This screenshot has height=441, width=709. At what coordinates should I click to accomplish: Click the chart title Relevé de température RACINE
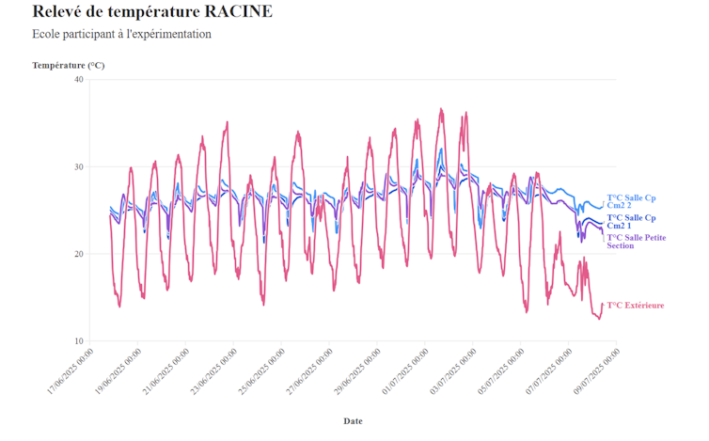click(152, 12)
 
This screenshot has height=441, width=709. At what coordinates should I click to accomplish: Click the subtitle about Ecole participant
click(121, 35)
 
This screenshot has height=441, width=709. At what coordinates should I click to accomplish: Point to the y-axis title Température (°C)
click(68, 66)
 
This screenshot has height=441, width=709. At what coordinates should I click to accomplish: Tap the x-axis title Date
click(353, 421)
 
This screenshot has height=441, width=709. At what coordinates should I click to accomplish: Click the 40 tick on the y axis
click(79, 80)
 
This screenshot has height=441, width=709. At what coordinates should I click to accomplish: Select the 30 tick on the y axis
click(79, 167)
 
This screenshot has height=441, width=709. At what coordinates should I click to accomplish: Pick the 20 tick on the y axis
click(79, 254)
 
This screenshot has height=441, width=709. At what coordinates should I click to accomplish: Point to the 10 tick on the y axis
click(79, 341)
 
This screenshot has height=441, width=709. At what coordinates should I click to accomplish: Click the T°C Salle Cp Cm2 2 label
click(631, 201)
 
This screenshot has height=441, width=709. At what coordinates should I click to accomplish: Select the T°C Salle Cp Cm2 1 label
click(631, 222)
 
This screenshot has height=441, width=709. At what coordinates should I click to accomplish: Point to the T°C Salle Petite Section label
click(636, 242)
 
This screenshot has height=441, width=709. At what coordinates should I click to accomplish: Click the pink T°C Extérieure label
click(635, 306)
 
